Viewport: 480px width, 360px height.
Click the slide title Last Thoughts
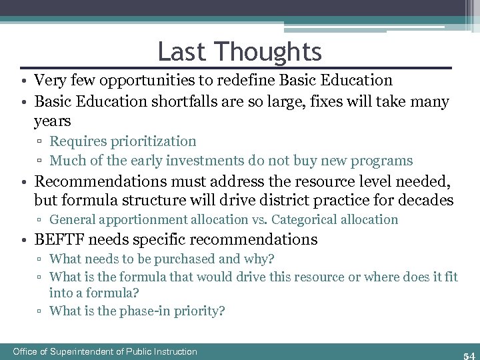(x=239, y=51)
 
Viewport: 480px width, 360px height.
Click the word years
(x=52, y=121)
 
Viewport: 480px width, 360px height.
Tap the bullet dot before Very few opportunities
(x=23, y=81)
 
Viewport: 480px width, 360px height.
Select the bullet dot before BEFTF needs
(x=23, y=239)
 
